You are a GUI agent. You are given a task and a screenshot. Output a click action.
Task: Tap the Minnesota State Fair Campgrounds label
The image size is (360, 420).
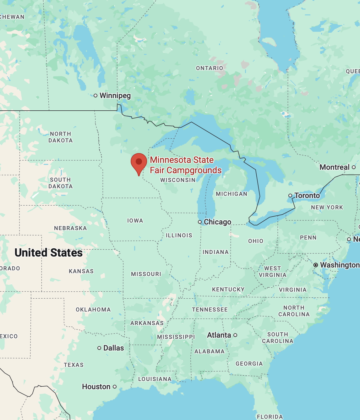click(185, 165)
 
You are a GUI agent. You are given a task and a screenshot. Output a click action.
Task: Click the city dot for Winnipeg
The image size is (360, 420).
click(95, 96)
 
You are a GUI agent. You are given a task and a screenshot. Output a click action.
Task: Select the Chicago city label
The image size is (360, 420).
click(217, 222)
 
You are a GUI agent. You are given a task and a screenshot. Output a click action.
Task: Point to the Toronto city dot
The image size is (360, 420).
click(290, 196)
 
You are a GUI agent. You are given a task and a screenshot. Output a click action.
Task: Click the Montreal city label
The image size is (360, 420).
click(334, 167)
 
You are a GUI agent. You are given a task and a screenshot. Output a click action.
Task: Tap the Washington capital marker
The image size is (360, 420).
click(316, 265)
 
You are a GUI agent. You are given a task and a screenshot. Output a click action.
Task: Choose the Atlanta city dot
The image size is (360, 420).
click(235, 335)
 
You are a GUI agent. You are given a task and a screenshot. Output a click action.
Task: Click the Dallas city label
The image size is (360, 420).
click(113, 348)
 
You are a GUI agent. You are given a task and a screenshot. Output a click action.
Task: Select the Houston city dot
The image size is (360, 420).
click(115, 387)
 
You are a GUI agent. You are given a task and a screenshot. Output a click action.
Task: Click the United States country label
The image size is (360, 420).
click(49, 253)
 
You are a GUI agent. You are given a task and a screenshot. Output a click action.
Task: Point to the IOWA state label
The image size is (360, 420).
click(135, 221)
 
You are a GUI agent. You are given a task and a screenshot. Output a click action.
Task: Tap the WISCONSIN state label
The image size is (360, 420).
click(178, 180)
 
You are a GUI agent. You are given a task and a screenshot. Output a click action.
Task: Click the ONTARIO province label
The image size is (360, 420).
click(210, 68)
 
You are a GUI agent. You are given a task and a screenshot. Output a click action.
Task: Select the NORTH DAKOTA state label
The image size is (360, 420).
click(60, 137)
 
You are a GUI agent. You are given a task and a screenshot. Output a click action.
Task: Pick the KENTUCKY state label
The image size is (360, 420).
click(228, 290)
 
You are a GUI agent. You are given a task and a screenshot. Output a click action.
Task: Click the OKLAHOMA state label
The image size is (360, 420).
click(93, 310)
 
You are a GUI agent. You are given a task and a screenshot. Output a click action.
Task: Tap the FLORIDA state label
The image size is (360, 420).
click(270, 417)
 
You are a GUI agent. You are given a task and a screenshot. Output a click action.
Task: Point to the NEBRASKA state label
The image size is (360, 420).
click(70, 228)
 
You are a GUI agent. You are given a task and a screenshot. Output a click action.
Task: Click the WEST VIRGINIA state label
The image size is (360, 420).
click(272, 272)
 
